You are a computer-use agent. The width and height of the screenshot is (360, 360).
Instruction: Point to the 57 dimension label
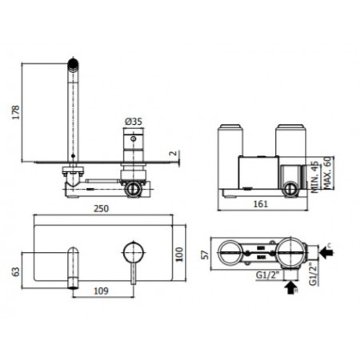[x=205, y=254]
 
